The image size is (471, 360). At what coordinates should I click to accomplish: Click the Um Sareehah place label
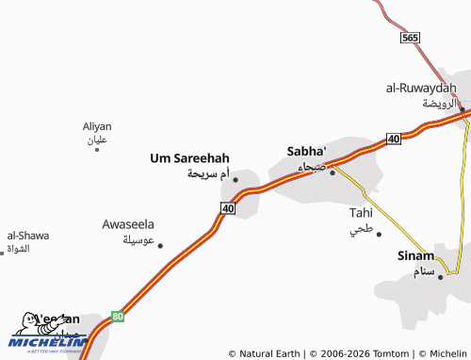[x=189, y=158]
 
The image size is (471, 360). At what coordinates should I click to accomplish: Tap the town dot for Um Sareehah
[x=235, y=179]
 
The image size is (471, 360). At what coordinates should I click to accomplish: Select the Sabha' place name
[x=306, y=151]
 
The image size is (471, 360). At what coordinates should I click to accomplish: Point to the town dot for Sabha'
[x=332, y=172]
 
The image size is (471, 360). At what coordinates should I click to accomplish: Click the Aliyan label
[x=97, y=126]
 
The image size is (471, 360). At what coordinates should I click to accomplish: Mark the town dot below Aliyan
[x=97, y=149]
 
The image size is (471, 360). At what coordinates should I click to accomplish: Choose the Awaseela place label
[x=128, y=224]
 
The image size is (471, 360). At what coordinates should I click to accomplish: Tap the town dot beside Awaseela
[x=160, y=245]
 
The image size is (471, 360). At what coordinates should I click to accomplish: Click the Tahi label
[x=361, y=213]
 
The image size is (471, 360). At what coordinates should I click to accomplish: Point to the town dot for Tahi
[x=379, y=234]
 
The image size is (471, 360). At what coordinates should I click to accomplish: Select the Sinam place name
[x=415, y=255]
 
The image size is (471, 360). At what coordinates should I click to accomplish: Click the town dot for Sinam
[x=440, y=276]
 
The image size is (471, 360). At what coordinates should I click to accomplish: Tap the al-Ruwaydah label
[x=420, y=88]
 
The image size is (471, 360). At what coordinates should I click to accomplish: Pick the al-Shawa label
[x=28, y=236]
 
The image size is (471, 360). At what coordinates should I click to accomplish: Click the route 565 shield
[x=409, y=37]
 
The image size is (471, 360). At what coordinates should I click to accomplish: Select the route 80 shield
[x=117, y=316]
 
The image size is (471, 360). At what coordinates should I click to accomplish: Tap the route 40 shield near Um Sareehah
[x=228, y=207]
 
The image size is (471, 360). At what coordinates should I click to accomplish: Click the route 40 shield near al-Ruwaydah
[x=393, y=139]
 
